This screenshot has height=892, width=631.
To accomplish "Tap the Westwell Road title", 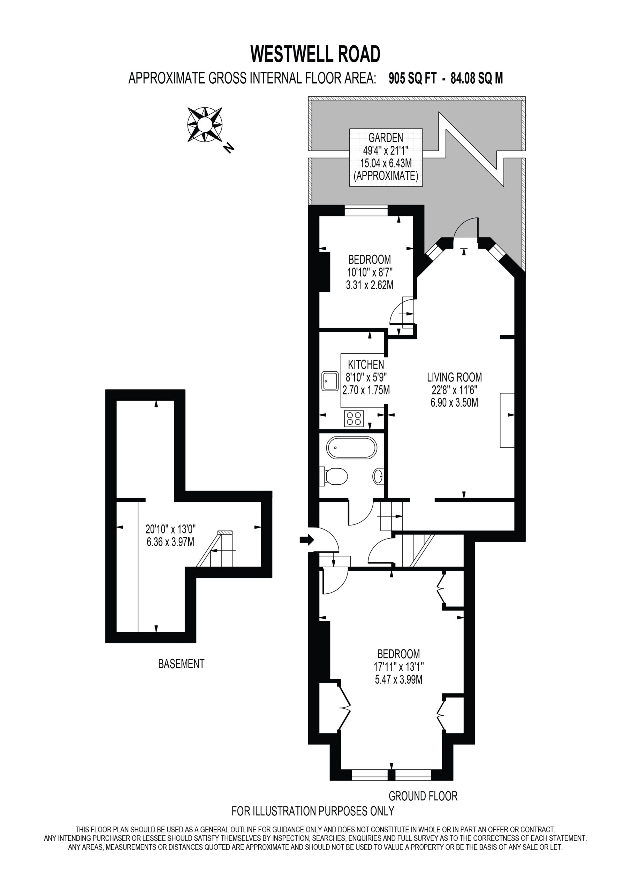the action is [x=315, y=54].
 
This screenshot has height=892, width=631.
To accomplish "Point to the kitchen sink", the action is [x=330, y=382].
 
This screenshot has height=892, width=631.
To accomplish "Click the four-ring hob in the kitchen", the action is [x=354, y=418].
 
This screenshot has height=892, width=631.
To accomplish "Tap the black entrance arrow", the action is [x=307, y=539].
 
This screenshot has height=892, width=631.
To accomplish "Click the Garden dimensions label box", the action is [x=386, y=157].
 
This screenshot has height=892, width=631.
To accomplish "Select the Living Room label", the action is [x=454, y=377].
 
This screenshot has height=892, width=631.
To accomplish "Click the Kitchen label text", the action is [x=366, y=364].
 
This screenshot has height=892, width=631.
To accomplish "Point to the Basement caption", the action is [x=181, y=664].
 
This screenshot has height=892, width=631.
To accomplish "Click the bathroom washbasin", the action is [x=378, y=476].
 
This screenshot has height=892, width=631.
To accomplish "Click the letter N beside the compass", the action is [x=229, y=148].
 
